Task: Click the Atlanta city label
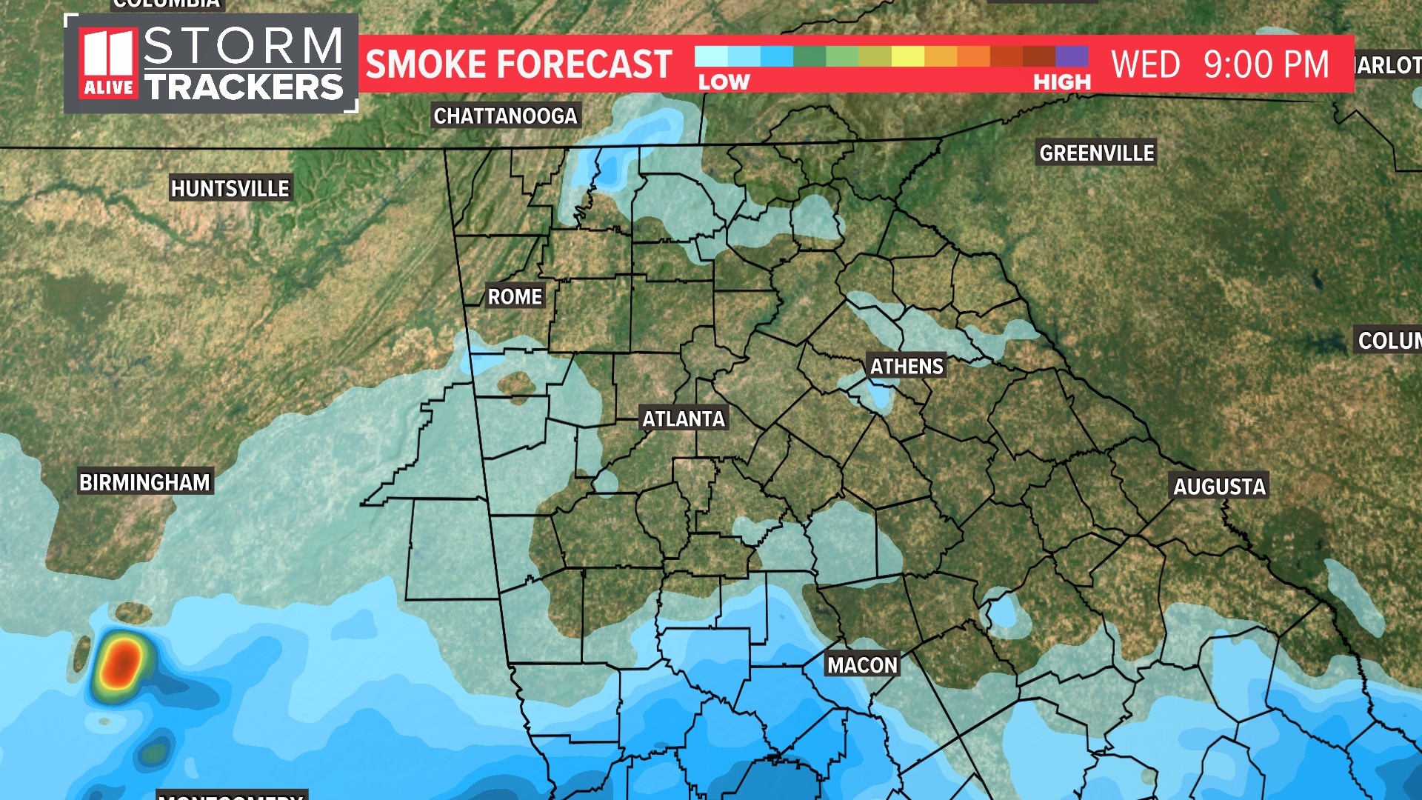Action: point(684,419)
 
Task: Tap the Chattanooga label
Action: point(505,116)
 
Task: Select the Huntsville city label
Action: point(230,189)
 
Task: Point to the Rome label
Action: point(515,296)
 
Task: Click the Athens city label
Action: point(907,366)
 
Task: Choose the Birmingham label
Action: point(145,482)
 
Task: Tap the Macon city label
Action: point(862,664)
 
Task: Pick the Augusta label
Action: point(1219,486)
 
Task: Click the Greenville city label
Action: point(1097,153)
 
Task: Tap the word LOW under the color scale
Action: point(724,82)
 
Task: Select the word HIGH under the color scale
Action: point(1062,82)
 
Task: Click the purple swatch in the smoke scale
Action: point(1072,56)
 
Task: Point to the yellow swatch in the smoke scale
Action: point(907,56)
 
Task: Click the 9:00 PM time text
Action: point(1266,64)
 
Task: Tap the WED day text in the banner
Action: point(1145,64)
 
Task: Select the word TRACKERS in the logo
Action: point(244,87)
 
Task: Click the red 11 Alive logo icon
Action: point(108,63)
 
